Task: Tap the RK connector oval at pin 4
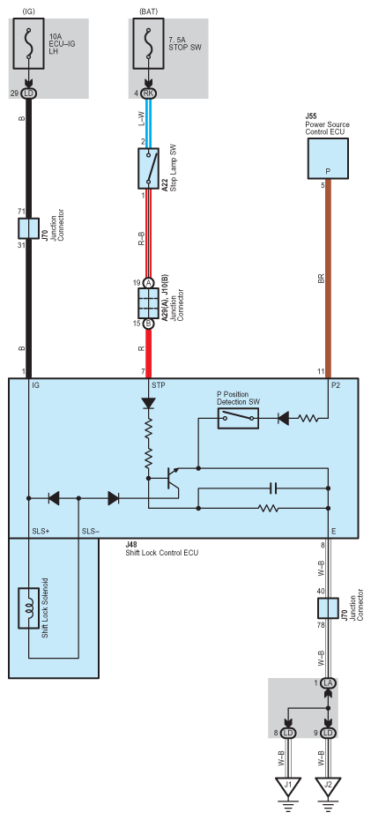tap(148, 93)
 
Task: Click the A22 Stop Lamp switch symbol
tap(148, 168)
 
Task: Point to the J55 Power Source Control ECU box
tap(328, 159)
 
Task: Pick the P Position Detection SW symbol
tap(238, 418)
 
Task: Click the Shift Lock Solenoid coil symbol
tap(29, 608)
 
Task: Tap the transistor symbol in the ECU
tap(170, 479)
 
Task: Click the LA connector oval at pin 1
tap(328, 683)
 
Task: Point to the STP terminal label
tap(159, 385)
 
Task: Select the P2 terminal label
tap(337, 385)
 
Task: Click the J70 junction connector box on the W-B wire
tap(328, 608)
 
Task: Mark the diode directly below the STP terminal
tap(148, 404)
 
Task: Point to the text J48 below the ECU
tap(131, 544)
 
